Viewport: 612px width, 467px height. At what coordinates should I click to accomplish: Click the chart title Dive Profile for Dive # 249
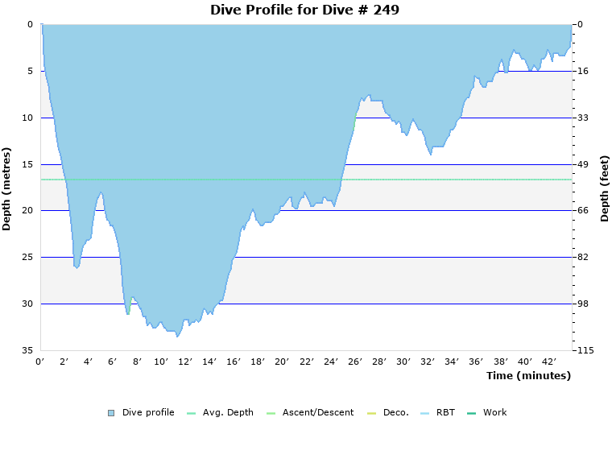coord(304,10)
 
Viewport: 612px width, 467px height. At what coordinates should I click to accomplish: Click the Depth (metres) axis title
coord(7,188)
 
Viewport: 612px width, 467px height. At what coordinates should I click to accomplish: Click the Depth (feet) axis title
coord(604,188)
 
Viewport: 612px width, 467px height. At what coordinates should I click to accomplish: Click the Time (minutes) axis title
coord(528,375)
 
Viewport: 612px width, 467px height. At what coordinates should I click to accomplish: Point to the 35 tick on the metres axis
coord(28,350)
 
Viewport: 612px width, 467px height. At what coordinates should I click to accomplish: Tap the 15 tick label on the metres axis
coord(28,164)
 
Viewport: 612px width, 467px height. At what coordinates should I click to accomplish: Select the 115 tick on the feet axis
coord(585,350)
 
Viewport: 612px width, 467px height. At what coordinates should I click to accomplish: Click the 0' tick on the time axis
coord(40,362)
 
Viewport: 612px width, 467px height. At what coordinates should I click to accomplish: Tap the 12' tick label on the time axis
coord(185,362)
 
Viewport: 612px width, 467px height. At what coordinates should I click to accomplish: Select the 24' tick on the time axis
coord(330,362)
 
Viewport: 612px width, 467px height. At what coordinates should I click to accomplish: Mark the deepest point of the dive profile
coord(177,336)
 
